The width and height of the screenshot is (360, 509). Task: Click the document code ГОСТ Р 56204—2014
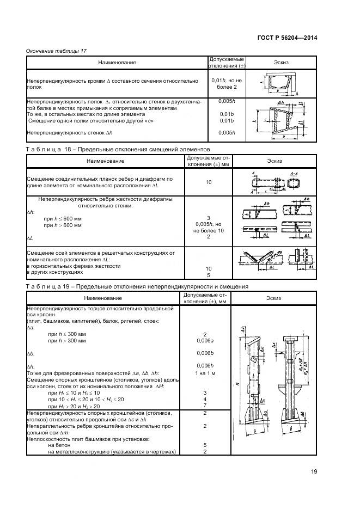(x=286, y=38)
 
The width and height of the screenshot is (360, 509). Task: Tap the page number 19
(x=314, y=471)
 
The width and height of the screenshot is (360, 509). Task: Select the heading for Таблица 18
(x=118, y=149)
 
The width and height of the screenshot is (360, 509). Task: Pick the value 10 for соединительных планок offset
(x=209, y=182)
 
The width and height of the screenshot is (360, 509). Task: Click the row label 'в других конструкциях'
(x=51, y=275)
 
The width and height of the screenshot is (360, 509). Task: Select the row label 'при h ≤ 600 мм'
(x=64, y=218)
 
